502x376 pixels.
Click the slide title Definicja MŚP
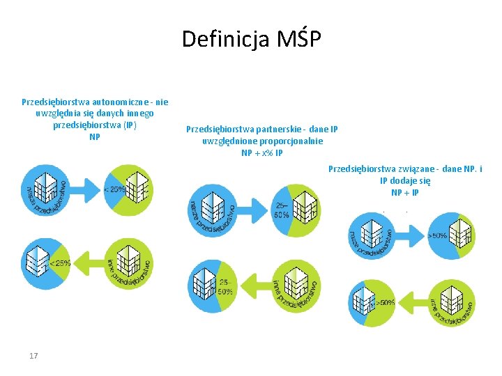(251, 39)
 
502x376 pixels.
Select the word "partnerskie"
(278, 130)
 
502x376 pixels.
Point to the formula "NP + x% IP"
(262, 153)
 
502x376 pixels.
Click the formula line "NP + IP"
(405, 193)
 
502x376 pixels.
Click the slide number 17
(33, 356)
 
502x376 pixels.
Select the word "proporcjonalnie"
(289, 141)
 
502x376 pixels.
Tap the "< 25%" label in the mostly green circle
(115, 189)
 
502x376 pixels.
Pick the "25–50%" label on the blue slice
(282, 210)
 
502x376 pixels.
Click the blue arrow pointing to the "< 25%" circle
(87, 189)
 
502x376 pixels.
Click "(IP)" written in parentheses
(130, 126)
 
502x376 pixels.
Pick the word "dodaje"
(404, 181)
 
